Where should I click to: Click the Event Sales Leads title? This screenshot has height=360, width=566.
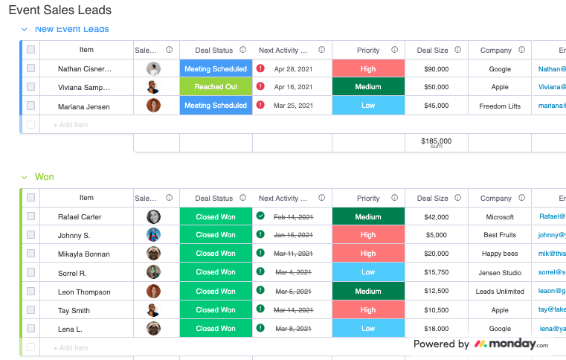click(60, 10)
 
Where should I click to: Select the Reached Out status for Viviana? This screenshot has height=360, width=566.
click(216, 87)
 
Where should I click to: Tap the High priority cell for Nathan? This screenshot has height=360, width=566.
click(368, 69)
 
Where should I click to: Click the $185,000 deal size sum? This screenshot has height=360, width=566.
click(436, 141)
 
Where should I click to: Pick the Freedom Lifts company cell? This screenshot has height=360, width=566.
click(500, 106)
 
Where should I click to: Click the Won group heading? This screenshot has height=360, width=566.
click(45, 177)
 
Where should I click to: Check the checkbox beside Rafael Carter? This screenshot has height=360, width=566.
click(30, 216)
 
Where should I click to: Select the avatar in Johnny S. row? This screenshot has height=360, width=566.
click(153, 235)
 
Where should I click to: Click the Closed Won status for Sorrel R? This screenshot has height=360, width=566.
click(216, 272)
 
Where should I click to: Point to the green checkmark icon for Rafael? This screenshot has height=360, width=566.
click(260, 216)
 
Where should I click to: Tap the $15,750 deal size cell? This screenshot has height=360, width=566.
click(436, 273)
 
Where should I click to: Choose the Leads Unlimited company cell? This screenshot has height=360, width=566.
click(500, 292)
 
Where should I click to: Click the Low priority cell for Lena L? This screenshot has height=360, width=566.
click(368, 329)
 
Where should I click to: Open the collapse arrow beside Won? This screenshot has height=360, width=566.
click(24, 178)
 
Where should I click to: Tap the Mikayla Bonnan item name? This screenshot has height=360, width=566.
click(84, 254)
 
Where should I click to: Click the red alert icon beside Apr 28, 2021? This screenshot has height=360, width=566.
click(260, 68)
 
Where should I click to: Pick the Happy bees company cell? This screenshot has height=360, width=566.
click(500, 254)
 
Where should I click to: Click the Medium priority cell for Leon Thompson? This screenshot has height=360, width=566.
click(368, 292)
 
